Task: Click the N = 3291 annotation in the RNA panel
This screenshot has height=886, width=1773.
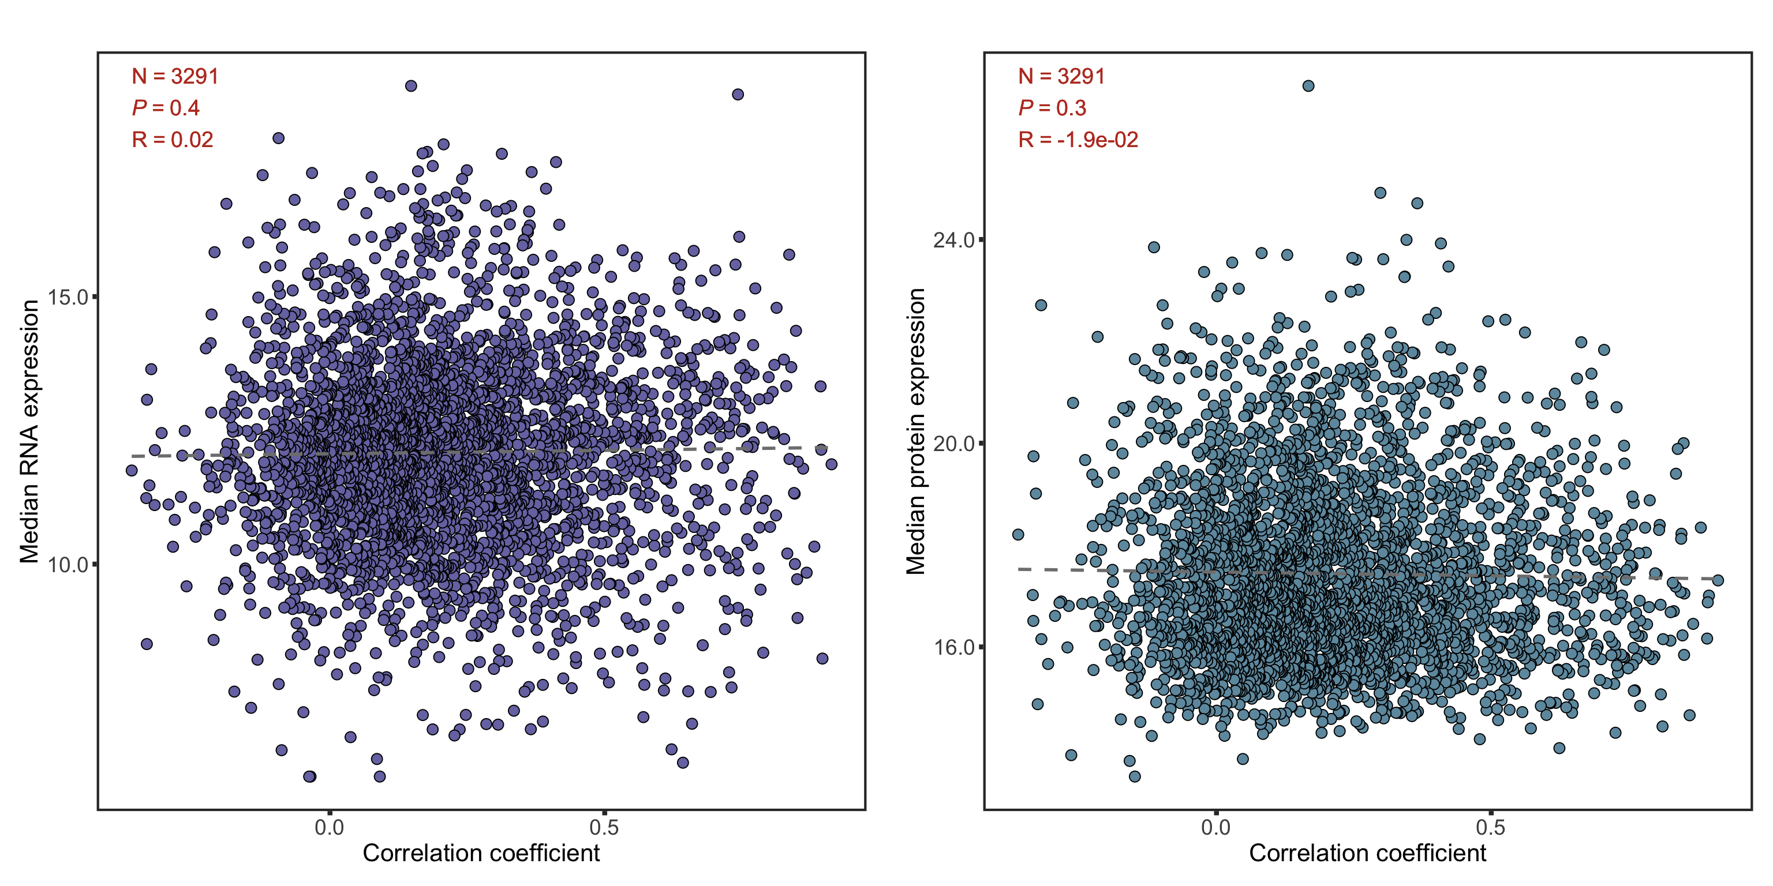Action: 175,76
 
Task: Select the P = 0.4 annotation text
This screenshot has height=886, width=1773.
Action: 165,108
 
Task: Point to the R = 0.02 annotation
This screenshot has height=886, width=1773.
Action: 172,140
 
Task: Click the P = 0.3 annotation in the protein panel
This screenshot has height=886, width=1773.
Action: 1052,108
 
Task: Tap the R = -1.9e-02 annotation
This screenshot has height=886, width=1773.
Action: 1078,140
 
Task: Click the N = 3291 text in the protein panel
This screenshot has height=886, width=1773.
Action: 1061,76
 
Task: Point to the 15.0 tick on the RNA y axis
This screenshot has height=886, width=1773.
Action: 68,297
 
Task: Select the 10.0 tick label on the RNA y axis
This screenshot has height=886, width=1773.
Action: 68,565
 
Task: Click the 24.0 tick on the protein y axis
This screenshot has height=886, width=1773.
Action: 954,240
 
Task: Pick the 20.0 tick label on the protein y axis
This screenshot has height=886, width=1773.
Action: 954,444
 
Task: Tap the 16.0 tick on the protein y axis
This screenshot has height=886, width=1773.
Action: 954,647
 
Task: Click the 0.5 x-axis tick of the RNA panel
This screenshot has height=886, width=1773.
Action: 604,827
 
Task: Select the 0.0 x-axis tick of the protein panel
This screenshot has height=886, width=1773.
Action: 1215,827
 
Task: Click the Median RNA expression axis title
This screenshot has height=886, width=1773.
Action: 29,431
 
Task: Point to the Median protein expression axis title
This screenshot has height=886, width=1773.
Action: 915,431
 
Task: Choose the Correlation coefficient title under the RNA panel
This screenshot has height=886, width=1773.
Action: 481,853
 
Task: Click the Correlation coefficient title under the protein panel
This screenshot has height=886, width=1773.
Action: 1368,853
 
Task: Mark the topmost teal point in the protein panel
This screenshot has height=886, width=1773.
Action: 1308,86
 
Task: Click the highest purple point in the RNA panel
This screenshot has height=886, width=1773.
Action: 411,86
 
